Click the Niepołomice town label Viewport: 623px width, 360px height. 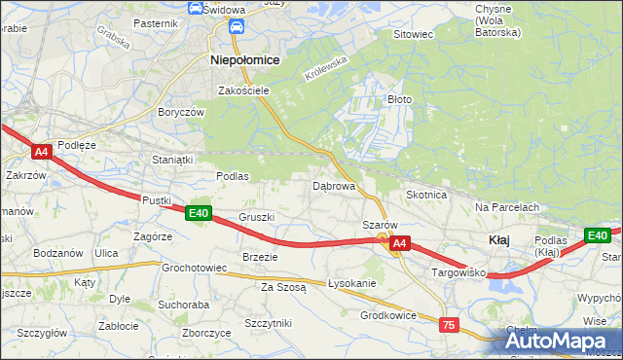coord(245,59)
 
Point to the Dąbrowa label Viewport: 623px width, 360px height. coord(333,185)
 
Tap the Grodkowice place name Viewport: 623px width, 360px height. coord(388,315)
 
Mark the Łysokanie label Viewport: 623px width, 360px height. coord(352,283)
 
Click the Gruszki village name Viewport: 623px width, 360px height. coord(257,217)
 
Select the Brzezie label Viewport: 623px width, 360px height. coord(260,257)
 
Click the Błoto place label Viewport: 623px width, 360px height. coord(401,99)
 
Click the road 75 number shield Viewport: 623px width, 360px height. coord(449,325)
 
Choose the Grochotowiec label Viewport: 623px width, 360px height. coord(195,267)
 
